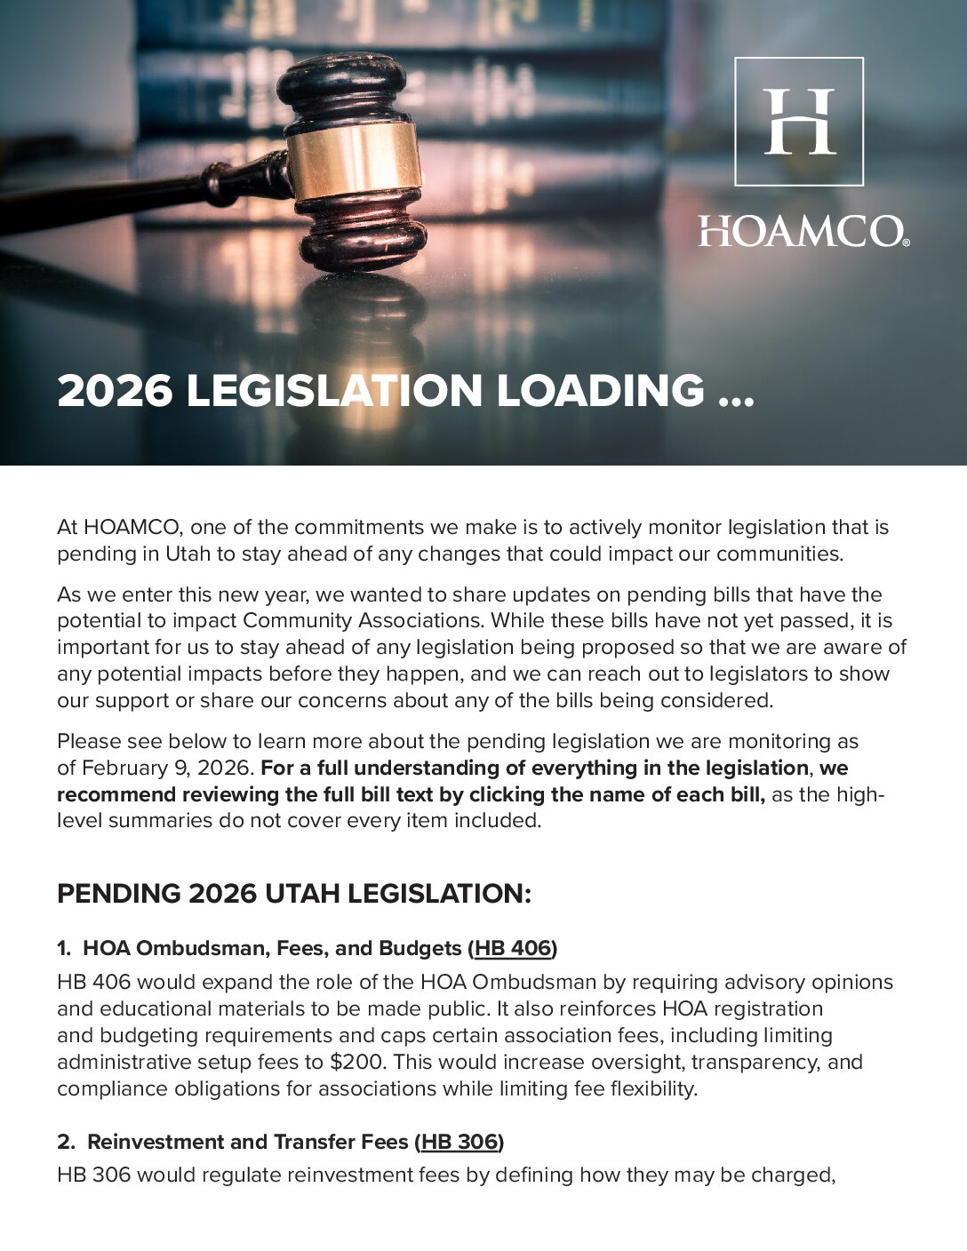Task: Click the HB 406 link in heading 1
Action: (513, 948)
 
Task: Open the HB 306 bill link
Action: (459, 1142)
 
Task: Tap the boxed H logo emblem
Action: (799, 122)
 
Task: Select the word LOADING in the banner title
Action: (600, 391)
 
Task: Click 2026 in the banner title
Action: (115, 391)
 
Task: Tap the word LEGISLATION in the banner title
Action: (334, 391)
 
